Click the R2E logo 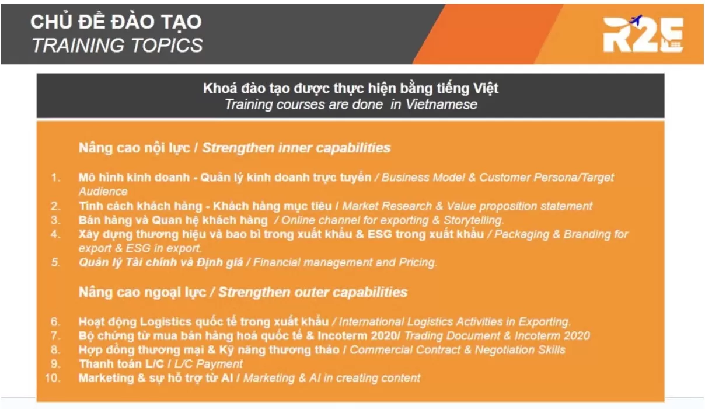[642, 34]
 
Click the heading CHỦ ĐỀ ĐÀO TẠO [116, 22]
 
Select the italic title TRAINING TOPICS [117, 45]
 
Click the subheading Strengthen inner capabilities [296, 148]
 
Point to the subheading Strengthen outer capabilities [313, 292]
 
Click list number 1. [55, 177]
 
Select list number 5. [55, 262]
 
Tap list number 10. [53, 378]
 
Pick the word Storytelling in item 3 [474, 220]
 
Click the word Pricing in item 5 [417, 262]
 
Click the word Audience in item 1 [103, 191]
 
